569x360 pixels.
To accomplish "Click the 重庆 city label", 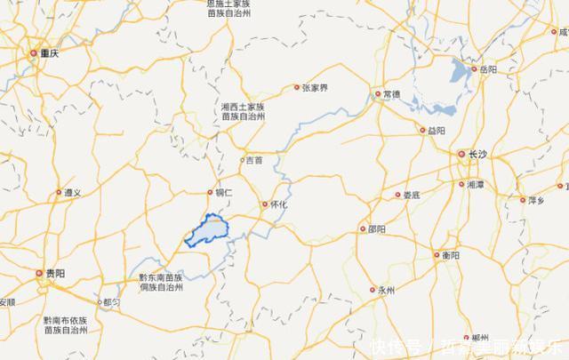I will click(x=46, y=53).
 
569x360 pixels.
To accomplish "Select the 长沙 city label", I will click(x=477, y=155).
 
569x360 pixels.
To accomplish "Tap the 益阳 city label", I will click(x=436, y=131).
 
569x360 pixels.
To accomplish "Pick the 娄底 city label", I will click(x=411, y=195).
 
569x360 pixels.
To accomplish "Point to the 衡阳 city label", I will click(x=451, y=255).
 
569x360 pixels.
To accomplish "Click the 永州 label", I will click(x=386, y=290).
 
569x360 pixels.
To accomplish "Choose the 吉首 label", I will click(x=253, y=161).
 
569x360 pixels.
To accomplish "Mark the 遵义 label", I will click(x=71, y=192).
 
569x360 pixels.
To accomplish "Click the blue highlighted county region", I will click(x=210, y=232).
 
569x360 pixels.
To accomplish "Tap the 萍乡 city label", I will click(x=535, y=201).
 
